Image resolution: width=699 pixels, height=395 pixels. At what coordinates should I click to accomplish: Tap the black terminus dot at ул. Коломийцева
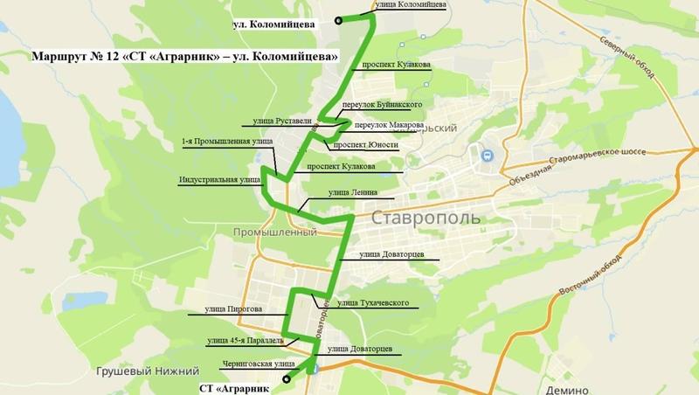coord(337,19)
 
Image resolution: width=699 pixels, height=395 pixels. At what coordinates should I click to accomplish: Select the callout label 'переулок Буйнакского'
coord(377,105)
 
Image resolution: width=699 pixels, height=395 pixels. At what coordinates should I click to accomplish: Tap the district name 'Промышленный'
coord(273,233)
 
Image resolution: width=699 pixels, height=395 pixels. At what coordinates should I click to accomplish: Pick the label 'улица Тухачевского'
coord(373,303)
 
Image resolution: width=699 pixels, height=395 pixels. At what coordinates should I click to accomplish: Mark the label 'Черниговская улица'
coord(234,360)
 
